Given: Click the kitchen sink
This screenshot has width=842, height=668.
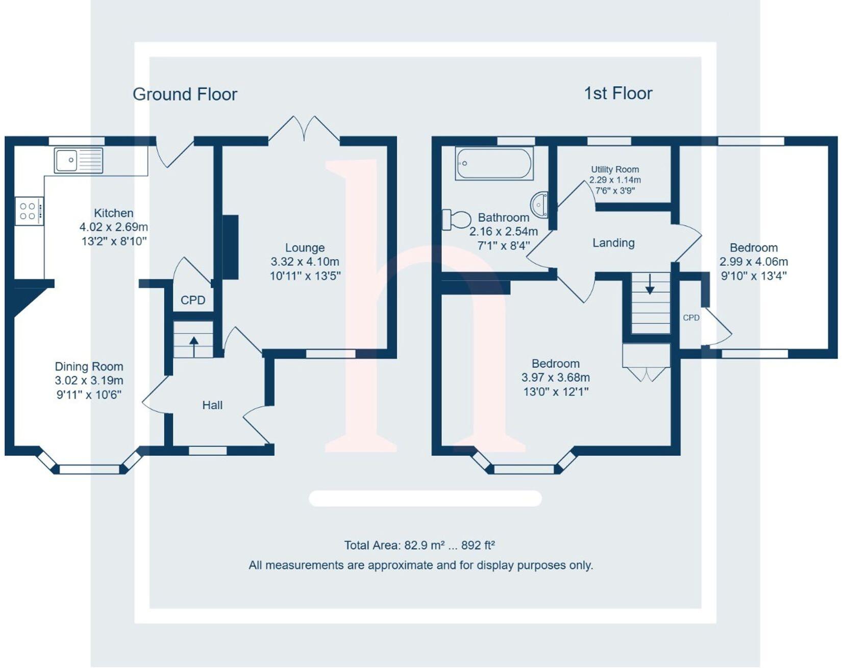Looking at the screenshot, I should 79,161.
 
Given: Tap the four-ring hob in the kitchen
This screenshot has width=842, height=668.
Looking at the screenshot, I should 29,211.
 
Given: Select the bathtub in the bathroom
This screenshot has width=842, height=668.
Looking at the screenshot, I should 494,164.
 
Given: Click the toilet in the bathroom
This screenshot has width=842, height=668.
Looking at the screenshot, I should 457,219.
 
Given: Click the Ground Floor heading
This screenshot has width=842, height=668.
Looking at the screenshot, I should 185,94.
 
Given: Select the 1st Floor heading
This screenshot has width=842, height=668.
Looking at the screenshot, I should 618,93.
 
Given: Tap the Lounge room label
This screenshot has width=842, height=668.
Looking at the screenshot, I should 305,248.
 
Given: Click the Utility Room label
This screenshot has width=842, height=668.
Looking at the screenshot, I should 615,169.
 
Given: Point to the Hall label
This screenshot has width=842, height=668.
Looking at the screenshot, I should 212,405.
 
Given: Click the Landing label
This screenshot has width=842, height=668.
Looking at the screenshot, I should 613,243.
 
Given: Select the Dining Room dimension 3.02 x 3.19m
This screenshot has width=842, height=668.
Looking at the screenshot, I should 89,381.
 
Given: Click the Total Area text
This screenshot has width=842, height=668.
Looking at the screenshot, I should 419,545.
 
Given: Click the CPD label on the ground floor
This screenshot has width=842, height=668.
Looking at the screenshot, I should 193,300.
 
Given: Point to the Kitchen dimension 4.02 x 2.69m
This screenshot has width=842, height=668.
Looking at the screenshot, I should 114,227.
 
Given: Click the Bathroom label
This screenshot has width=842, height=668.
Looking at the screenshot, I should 503,217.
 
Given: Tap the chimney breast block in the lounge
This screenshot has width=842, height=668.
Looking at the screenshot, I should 231,247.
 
